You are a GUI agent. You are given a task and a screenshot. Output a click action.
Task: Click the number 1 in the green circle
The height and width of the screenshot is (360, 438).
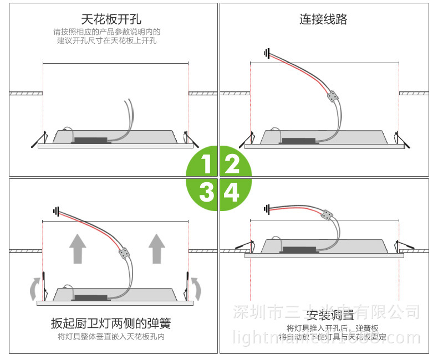[206, 164]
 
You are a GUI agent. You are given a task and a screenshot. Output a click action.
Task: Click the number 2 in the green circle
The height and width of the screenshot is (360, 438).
[232, 164]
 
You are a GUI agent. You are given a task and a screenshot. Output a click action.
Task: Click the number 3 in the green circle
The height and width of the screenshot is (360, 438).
[206, 192]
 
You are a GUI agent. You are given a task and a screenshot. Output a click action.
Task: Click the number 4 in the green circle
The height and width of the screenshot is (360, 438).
[232, 192]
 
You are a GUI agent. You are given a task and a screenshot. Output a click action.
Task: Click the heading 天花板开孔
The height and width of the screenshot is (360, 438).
[111, 20]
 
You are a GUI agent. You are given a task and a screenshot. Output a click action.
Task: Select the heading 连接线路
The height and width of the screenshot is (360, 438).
[323, 20]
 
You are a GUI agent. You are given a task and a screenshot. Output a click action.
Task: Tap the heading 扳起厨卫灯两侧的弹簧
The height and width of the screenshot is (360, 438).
[111, 323]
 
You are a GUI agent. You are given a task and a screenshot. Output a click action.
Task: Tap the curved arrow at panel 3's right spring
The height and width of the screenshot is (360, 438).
[196, 288]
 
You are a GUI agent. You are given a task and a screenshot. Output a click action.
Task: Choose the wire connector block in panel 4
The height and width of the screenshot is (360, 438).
[327, 214]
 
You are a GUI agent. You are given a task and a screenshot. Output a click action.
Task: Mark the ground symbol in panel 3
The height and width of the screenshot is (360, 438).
[56, 210]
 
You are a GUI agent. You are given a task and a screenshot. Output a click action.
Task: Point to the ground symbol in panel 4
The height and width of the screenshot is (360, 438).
[267, 209]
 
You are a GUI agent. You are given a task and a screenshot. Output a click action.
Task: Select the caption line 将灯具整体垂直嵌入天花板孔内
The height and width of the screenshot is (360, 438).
[111, 336]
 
